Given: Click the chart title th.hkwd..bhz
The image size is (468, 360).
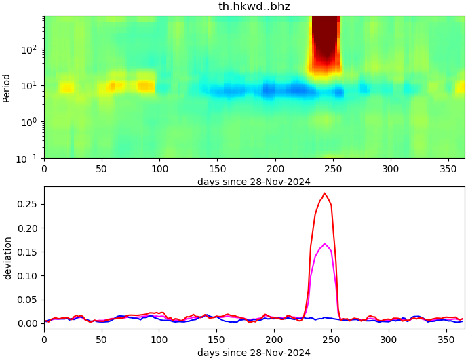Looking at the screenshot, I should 254,7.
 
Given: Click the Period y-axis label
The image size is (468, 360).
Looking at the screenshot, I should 7,87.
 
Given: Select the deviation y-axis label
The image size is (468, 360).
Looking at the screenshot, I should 7,258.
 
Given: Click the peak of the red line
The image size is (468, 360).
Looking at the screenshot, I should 324,193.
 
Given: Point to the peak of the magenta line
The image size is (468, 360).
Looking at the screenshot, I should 325,243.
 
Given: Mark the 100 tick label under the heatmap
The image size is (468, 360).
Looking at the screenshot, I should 159,167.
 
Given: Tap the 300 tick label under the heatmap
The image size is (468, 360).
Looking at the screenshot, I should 390,167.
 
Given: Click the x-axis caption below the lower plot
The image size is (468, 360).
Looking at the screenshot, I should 254,353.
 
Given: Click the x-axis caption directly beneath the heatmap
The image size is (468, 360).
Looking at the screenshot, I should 254,182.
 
